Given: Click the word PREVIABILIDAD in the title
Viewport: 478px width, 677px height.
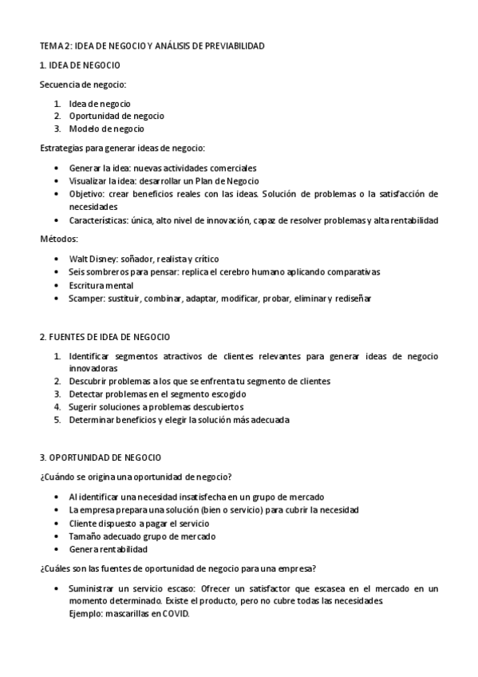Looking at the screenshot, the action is (231, 47).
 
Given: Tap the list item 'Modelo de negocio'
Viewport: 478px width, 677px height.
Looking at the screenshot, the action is (106, 129).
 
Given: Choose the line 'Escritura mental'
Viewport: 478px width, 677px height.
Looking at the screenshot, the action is (101, 285).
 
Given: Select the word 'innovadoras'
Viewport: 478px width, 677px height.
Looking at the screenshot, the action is (93, 369).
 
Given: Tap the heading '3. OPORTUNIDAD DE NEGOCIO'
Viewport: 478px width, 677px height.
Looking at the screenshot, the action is (101, 457).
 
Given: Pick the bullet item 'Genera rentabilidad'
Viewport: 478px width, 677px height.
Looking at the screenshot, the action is (109, 549).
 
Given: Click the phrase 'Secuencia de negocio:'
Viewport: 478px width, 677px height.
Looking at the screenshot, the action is (83, 84).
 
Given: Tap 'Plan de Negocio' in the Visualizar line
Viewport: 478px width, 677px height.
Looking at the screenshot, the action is (231, 180).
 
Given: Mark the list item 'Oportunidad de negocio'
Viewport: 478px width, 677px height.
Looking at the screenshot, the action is (117, 116).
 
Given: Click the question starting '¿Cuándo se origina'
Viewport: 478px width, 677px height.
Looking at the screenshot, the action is (136, 477).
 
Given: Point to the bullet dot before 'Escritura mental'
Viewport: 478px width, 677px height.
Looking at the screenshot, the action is (56, 286).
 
